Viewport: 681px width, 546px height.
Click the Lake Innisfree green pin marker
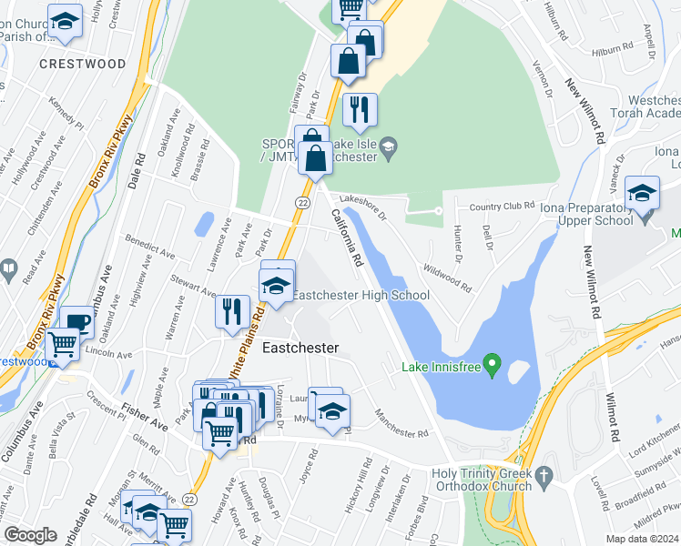pyautogui.click(x=493, y=368)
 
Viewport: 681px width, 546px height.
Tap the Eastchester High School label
pyautogui.click(x=360, y=295)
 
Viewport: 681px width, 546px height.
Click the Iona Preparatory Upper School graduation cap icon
pyautogui.click(x=642, y=193)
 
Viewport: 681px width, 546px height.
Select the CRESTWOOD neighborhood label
pyautogui.click(x=83, y=65)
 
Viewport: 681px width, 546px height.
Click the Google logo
pyautogui.click(x=30, y=535)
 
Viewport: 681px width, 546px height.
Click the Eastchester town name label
pyautogui.click(x=300, y=349)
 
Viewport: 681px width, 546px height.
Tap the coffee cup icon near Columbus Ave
pyautogui.click(x=77, y=321)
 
